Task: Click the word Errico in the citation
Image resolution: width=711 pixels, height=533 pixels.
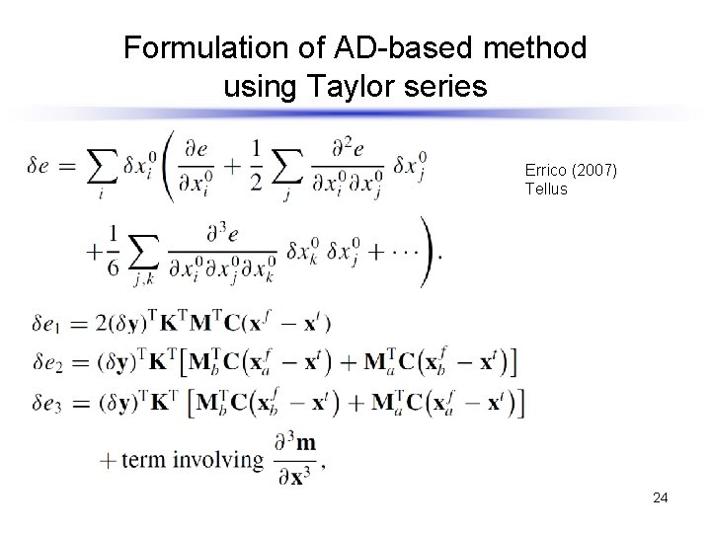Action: [x=546, y=171]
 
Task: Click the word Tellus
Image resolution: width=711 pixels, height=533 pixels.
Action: [x=546, y=189]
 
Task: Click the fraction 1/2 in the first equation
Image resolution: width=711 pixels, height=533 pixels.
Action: [x=258, y=165]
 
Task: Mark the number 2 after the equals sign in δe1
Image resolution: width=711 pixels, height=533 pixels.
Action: [x=101, y=322]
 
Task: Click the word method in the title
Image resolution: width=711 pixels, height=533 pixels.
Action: [x=537, y=47]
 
